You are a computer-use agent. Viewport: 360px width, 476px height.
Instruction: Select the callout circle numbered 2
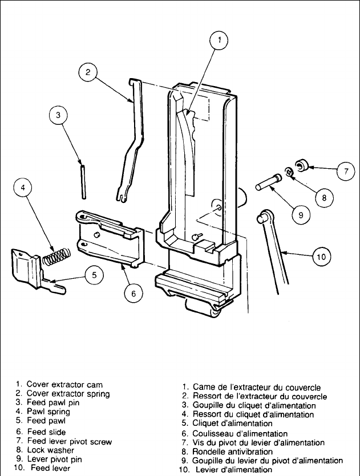[88, 72]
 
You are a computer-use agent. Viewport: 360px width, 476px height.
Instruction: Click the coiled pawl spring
[57, 256]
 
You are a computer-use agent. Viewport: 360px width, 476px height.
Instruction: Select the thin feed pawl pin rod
[83, 181]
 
